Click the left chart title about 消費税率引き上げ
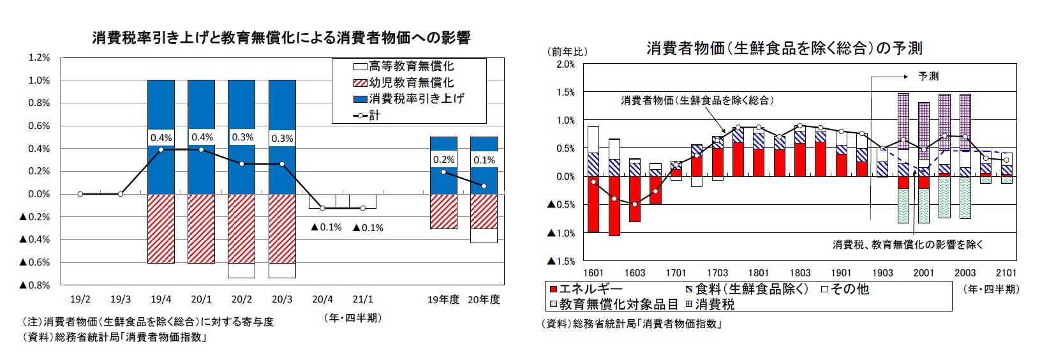click(x=281, y=38)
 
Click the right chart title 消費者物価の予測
click(x=784, y=48)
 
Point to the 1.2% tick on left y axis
click(x=39, y=57)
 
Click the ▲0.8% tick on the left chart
click(x=34, y=285)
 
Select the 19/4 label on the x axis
click(x=161, y=299)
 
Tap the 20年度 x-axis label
click(x=484, y=299)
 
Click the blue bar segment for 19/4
click(x=161, y=172)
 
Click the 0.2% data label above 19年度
click(x=443, y=160)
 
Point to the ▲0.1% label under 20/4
click(x=327, y=228)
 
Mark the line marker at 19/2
click(x=80, y=194)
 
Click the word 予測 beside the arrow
click(x=928, y=76)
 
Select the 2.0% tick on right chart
click(x=565, y=64)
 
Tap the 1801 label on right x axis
click(x=759, y=273)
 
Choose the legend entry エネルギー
click(x=586, y=289)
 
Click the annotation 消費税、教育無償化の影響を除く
click(x=908, y=244)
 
